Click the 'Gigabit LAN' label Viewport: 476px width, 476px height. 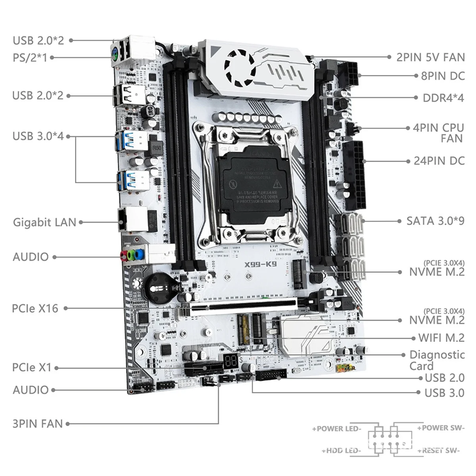44,222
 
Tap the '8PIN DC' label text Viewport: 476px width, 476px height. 443,76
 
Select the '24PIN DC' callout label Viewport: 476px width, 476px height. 439,161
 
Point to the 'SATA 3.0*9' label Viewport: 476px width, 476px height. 435,221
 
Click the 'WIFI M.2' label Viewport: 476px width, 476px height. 441,338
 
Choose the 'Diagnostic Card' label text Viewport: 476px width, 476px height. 436,360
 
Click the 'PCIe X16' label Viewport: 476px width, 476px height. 35,308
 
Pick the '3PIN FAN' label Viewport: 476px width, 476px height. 37,423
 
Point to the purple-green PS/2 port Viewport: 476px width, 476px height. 114,57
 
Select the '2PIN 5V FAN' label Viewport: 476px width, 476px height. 430,57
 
